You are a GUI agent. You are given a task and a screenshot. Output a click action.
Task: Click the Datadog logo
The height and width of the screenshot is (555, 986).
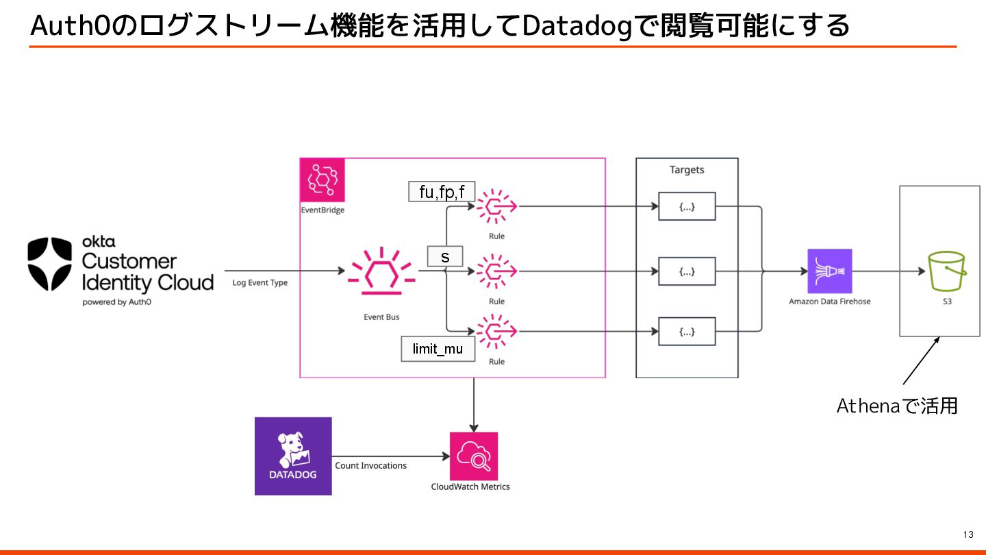pos(293,456)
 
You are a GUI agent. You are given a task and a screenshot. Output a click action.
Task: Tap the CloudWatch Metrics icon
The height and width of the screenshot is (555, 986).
pos(473,456)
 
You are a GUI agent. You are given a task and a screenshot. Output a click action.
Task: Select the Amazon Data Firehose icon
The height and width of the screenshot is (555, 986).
pos(829,271)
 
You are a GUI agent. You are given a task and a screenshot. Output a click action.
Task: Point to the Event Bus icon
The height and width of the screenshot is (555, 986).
pos(381,272)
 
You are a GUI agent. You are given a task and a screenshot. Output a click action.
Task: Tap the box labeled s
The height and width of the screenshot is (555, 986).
pos(445,257)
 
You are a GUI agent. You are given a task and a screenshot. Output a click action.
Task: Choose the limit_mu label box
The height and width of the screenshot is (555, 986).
pos(438,349)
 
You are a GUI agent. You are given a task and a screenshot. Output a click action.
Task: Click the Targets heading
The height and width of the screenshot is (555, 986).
pos(687,170)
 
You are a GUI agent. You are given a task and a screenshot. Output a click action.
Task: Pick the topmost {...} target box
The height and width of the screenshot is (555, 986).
pos(687,206)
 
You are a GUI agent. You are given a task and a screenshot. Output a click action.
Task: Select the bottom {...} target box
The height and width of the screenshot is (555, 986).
pos(687,332)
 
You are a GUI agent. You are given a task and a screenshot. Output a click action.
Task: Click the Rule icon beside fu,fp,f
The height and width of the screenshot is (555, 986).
pos(497,206)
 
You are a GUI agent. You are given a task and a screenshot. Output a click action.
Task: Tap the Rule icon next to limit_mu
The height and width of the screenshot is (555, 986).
pos(497,332)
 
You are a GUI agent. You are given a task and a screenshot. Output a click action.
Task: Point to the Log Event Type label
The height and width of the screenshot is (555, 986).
pos(260,282)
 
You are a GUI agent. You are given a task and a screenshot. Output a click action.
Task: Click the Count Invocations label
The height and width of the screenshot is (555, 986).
pos(370,466)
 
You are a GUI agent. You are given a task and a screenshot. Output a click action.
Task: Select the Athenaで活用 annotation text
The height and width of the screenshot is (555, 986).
pos(896,406)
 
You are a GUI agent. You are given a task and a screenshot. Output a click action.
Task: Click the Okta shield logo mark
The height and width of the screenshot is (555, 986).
pos(50,264)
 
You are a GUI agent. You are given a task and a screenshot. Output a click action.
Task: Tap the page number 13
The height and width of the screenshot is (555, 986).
pos(968,534)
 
